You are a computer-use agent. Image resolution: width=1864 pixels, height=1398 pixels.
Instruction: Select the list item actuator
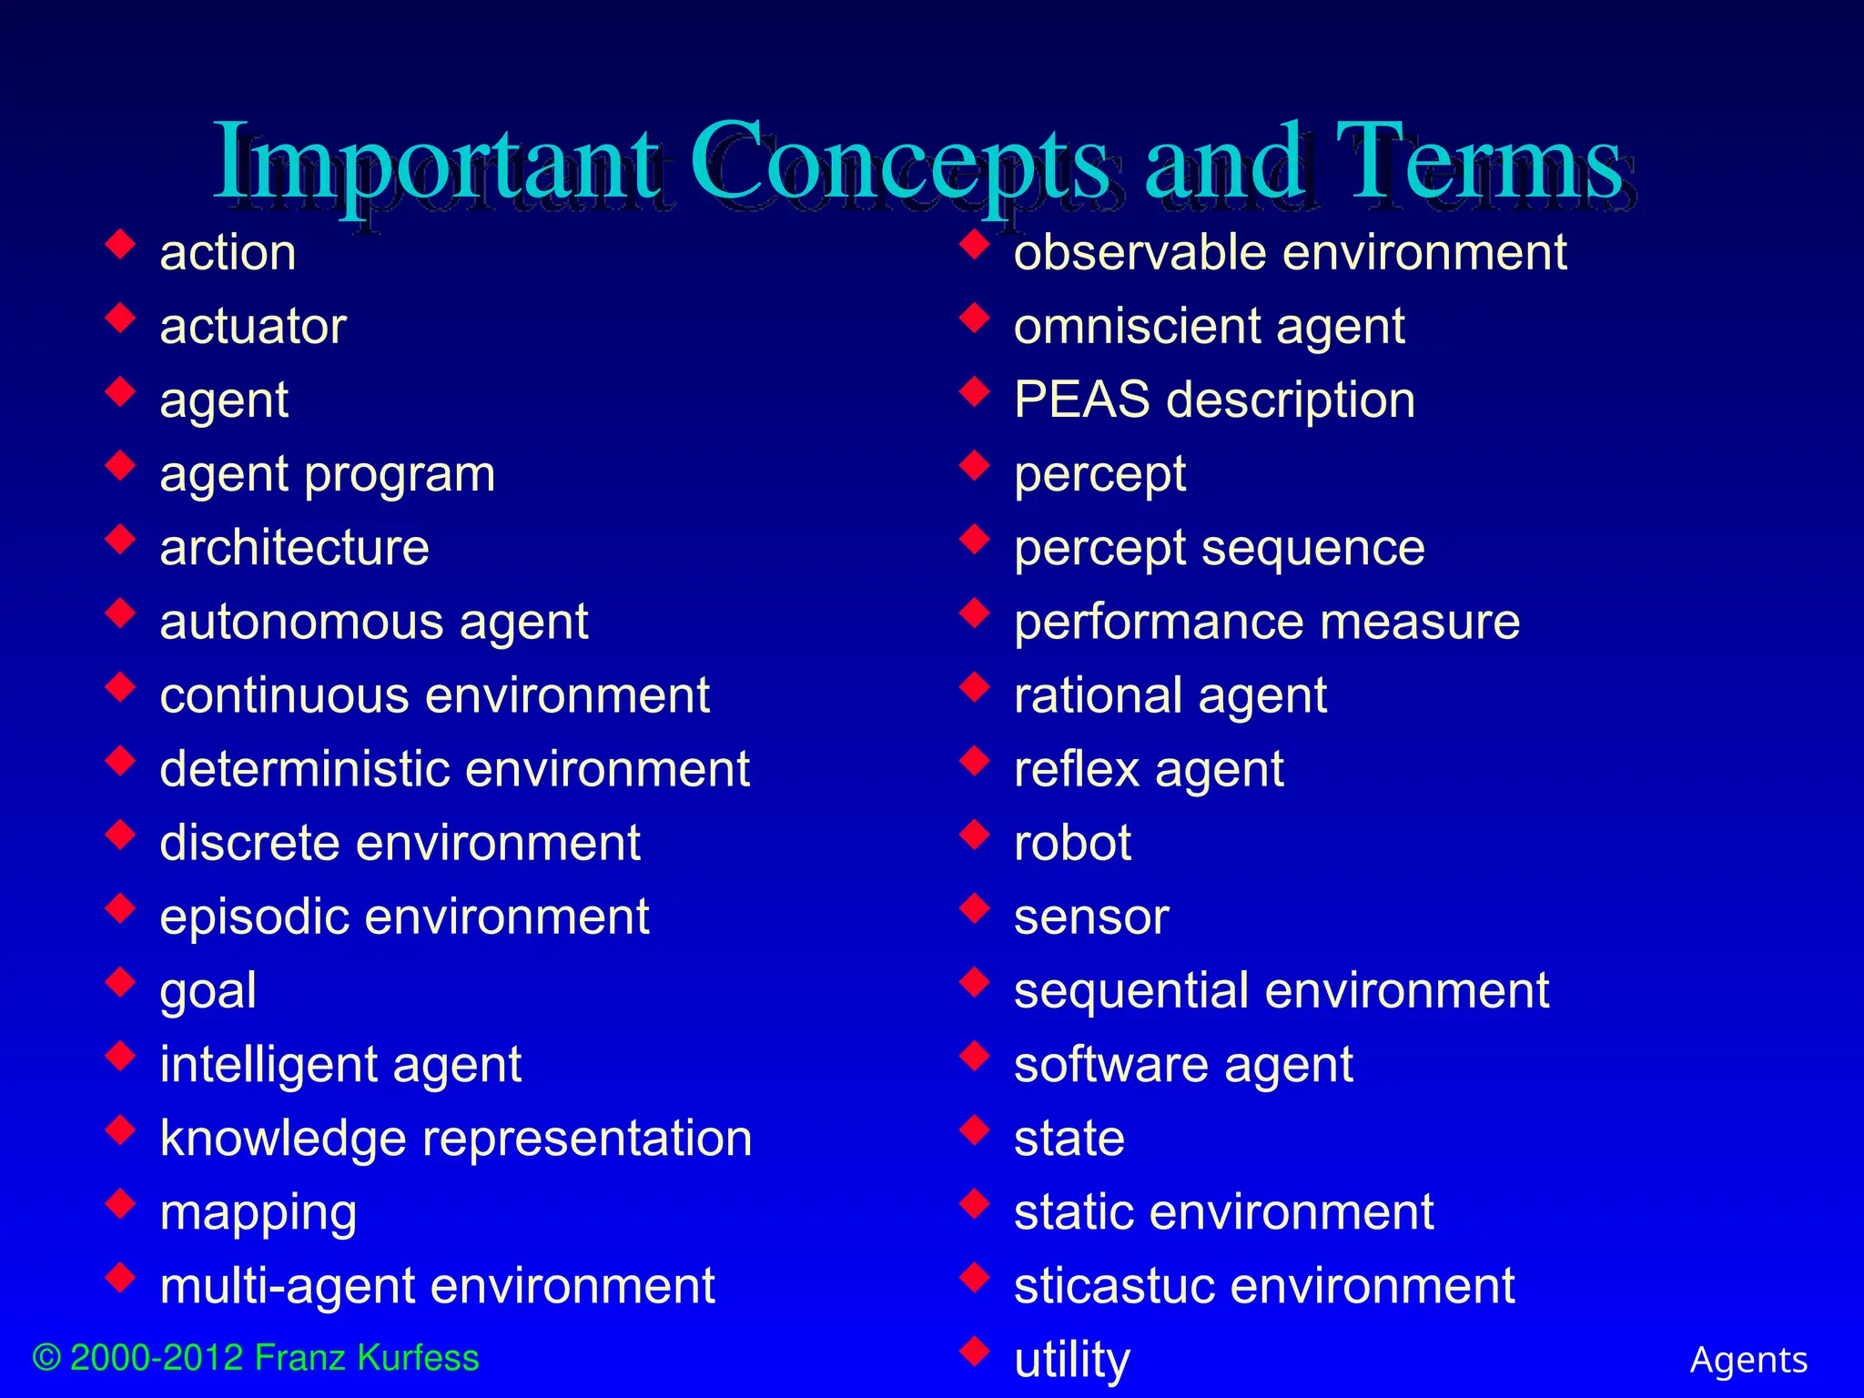click(x=253, y=327)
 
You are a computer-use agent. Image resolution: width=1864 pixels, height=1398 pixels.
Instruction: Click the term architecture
click(x=294, y=548)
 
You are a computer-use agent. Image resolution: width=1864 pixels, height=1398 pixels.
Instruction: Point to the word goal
click(x=208, y=991)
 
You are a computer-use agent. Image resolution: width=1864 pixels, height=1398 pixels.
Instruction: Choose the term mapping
click(x=258, y=1213)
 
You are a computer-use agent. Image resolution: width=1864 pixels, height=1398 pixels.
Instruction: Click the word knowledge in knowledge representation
click(x=283, y=1139)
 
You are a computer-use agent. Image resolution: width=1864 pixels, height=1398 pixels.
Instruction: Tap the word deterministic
click(x=304, y=769)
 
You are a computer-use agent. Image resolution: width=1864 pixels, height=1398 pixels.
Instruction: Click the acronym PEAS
click(x=1082, y=400)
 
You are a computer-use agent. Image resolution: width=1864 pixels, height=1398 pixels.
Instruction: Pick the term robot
click(x=1072, y=843)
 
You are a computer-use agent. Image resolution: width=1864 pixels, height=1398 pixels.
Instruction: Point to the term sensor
click(x=1090, y=917)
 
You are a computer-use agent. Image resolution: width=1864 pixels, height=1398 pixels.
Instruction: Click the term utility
click(x=1071, y=1361)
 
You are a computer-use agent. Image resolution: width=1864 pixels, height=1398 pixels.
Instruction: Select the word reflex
click(x=1076, y=770)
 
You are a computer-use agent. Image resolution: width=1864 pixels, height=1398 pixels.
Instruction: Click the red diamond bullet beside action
click(x=120, y=244)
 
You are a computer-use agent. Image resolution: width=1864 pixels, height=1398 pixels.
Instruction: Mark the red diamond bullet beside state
click(x=975, y=1130)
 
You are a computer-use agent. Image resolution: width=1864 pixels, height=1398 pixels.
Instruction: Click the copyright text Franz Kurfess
click(x=366, y=1358)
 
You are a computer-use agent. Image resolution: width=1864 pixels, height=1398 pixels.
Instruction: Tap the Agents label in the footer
click(x=1748, y=1360)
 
